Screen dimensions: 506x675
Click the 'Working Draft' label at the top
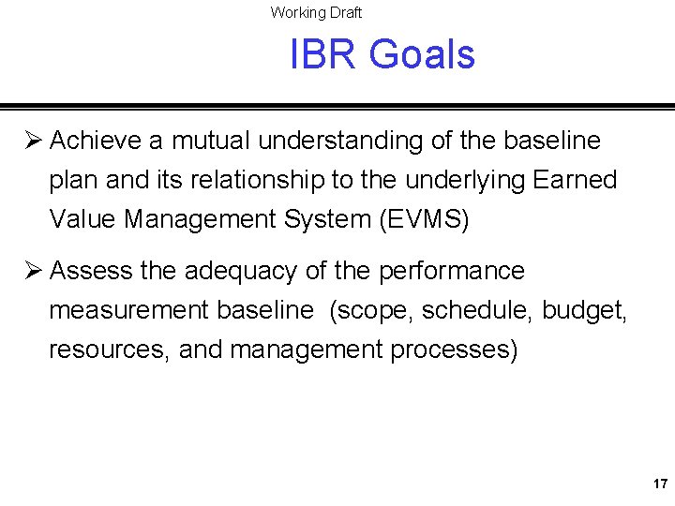pos(316,12)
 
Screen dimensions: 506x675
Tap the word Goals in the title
pos(422,54)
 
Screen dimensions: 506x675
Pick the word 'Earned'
pos(573,180)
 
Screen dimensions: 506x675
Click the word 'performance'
pos(451,271)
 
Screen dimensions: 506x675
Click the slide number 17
pos(660,484)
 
